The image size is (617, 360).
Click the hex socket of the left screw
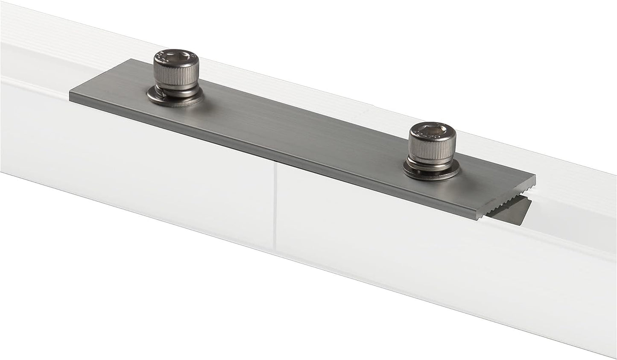pos(175,56)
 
